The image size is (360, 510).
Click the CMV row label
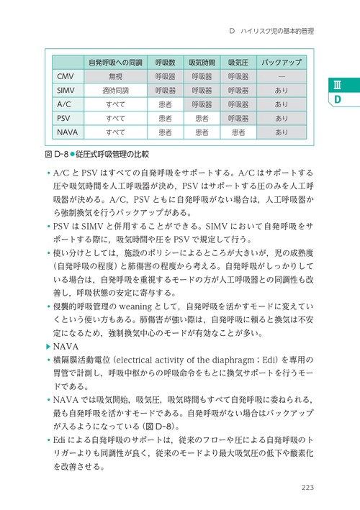pyautogui.click(x=64, y=76)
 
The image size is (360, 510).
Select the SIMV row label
pyautogui.click(x=64, y=90)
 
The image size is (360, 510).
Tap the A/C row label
pyautogui.click(x=64, y=104)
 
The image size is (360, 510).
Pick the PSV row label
pyautogui.click(x=64, y=118)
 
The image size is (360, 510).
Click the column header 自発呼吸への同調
pyautogui.click(x=116, y=63)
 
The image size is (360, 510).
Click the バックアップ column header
pyautogui.click(x=282, y=63)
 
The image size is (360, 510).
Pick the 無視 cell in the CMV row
pyautogui.click(x=116, y=76)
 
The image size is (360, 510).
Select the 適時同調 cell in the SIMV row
pyautogui.click(x=116, y=90)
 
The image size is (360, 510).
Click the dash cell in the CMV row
pyautogui.click(x=282, y=76)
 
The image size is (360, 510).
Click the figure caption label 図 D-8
pyautogui.click(x=56, y=154)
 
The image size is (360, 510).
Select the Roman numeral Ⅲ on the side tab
pyautogui.click(x=337, y=84)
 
